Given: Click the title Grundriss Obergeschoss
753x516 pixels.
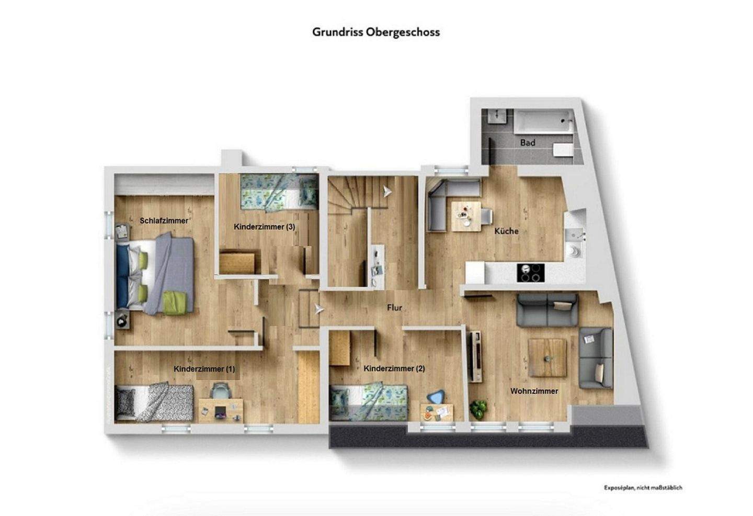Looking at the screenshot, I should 375,32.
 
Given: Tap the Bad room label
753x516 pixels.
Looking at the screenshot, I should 527,142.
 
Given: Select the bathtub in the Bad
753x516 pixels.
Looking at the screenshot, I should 544,121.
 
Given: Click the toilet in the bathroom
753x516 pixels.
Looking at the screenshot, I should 562,151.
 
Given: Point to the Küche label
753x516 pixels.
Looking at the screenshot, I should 506,231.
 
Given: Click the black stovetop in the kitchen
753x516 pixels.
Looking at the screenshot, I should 530,272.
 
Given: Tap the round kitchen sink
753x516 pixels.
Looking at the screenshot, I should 574,251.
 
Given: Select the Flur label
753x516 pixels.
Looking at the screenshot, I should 394,308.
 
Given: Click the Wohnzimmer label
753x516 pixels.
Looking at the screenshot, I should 534,391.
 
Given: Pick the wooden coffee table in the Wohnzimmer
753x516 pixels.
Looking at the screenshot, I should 547,357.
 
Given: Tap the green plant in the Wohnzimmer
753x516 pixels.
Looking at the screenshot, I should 478,408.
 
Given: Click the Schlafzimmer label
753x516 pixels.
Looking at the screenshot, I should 164,221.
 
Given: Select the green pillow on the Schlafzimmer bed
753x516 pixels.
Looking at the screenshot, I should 175,303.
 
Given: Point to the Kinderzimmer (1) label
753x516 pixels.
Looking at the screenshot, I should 204,369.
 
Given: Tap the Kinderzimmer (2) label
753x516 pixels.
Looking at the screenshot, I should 394,368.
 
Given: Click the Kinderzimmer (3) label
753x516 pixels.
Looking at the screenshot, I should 265,227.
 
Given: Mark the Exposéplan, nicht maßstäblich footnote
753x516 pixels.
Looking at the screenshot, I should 643,488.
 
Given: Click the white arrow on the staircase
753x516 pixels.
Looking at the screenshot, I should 386,192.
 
